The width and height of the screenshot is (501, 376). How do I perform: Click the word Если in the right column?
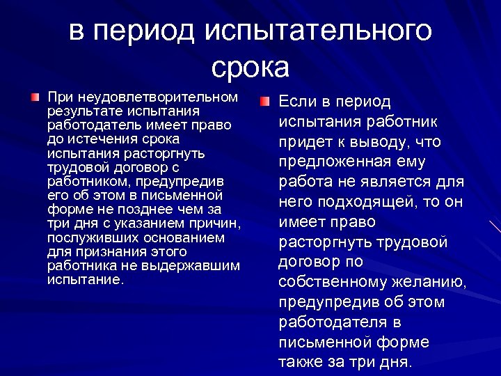[297, 102]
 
